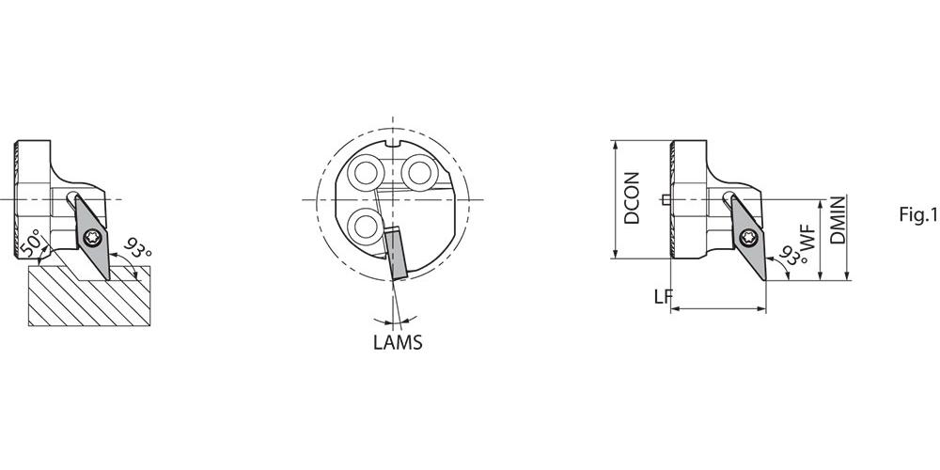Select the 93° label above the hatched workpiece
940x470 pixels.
coord(137,247)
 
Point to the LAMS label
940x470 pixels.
coord(398,342)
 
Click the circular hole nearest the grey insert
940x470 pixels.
coord(366,227)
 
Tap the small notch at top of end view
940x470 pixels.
coord(392,143)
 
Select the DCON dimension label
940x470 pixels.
coord(632,198)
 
